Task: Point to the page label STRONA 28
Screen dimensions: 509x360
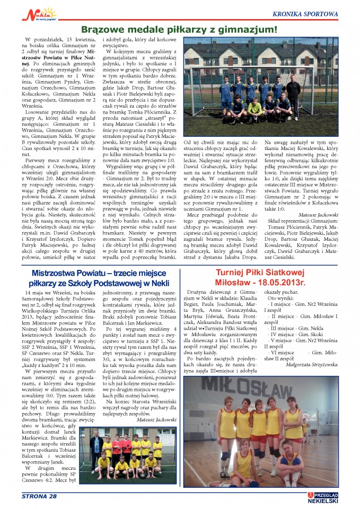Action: tap(39, 496)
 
